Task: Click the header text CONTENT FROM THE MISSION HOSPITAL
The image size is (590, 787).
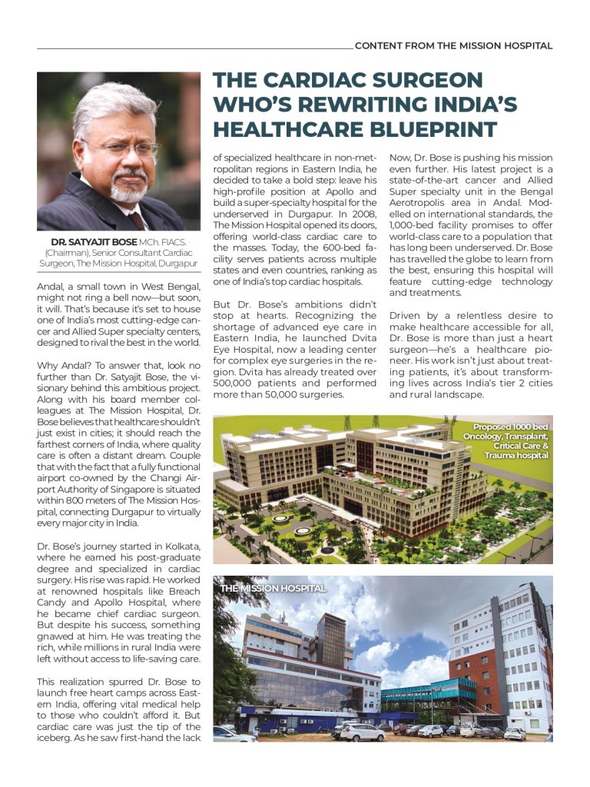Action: click(453, 45)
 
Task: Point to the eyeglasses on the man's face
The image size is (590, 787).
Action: click(125, 149)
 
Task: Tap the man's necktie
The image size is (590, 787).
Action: click(137, 220)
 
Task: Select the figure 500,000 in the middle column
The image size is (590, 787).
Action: click(234, 384)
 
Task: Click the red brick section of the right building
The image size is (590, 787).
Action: click(477, 669)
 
